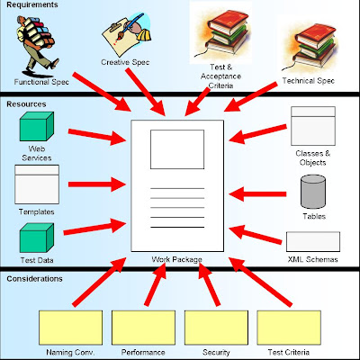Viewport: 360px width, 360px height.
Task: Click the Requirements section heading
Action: [32, 5]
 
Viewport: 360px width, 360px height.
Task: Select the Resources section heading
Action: [26, 104]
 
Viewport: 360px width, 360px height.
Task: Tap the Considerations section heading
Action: [34, 279]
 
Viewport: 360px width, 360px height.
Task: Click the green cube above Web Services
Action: [37, 126]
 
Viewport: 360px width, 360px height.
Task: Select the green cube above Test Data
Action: [37, 238]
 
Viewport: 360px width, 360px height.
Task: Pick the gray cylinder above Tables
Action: [313, 192]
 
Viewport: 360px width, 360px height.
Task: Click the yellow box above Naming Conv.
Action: [70, 328]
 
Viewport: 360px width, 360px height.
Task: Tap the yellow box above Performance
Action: [143, 328]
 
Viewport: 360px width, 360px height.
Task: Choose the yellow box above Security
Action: [216, 328]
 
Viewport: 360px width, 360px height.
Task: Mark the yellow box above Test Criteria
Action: [289, 328]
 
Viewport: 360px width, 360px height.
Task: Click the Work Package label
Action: [176, 259]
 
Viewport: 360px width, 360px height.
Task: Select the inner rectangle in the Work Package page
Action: [177, 149]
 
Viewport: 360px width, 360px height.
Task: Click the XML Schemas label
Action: [313, 259]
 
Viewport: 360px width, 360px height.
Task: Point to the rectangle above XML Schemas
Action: [313, 241]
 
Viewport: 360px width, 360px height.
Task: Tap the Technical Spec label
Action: [309, 81]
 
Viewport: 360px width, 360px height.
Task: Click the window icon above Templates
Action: [37, 184]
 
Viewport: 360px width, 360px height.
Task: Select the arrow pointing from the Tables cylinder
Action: [257, 193]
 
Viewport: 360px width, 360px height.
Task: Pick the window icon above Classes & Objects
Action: [313, 126]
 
